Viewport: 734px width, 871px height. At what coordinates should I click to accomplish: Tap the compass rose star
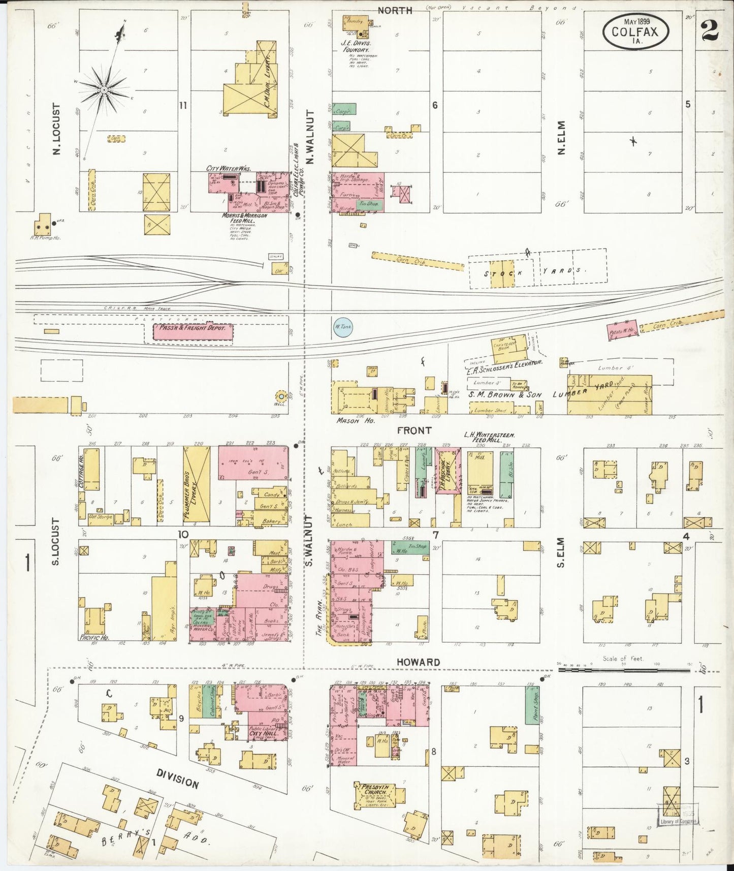click(104, 89)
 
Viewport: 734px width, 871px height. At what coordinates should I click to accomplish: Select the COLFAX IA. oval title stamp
click(635, 32)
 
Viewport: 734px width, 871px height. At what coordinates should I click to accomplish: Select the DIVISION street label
click(177, 777)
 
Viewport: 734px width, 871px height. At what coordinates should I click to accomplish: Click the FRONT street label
click(414, 430)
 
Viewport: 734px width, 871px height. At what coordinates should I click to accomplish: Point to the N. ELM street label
click(561, 138)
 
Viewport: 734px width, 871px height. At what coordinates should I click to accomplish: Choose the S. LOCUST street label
click(56, 541)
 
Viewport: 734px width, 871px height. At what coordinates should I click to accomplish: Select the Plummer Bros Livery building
click(196, 485)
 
